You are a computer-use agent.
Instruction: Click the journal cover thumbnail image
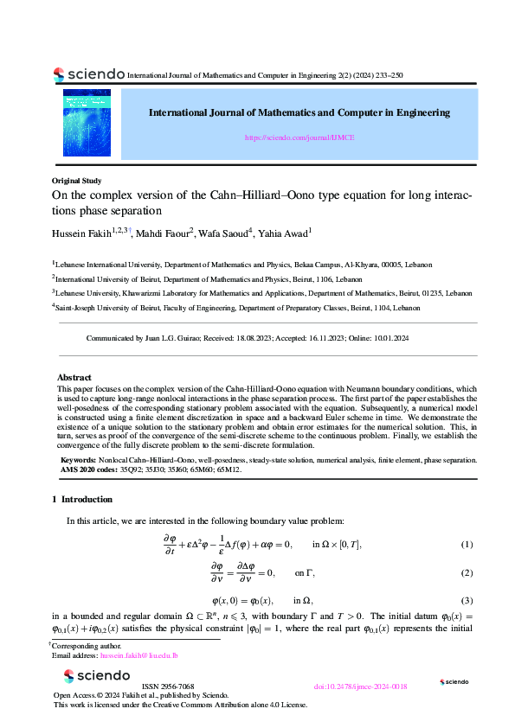[x=87, y=122]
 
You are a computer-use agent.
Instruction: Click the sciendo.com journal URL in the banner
[x=299, y=137]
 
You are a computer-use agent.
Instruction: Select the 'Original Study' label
[x=77, y=181]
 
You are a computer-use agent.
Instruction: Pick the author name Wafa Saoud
[x=223, y=233]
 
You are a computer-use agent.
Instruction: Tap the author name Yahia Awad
[x=282, y=233]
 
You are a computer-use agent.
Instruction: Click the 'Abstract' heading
[x=74, y=378]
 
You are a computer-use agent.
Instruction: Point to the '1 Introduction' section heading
[x=81, y=499]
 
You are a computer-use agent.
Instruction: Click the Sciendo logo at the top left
[x=87, y=74]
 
